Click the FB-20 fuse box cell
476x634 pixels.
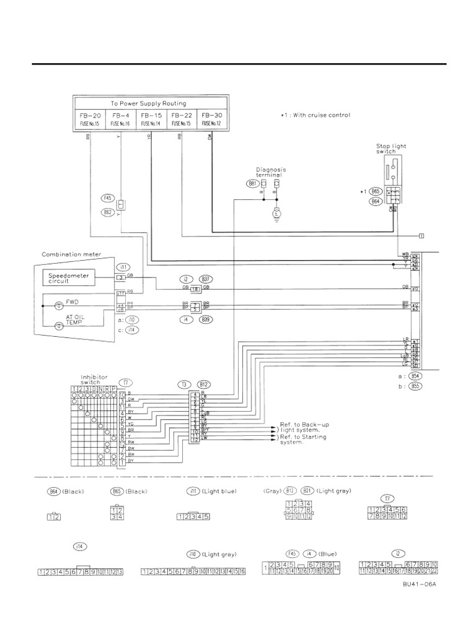click(90, 118)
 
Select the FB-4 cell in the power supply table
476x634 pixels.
click(120, 118)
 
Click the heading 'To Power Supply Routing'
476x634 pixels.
click(148, 103)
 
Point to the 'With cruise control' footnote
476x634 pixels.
click(314, 115)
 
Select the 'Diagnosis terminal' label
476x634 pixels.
click(271, 172)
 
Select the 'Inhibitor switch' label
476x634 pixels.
click(94, 379)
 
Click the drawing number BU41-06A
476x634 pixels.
click(420, 584)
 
